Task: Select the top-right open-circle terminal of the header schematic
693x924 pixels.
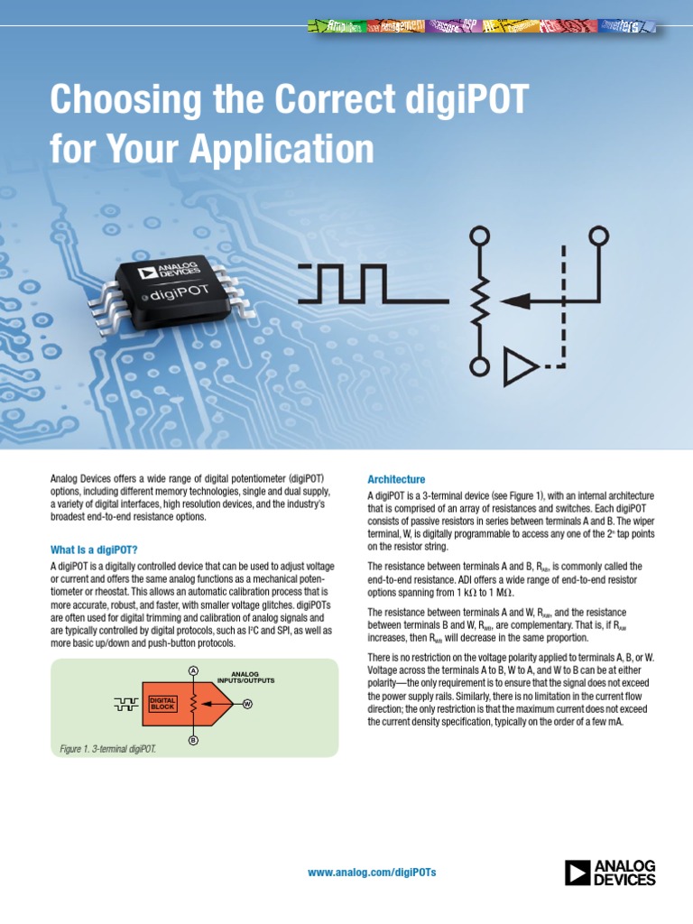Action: point(596,236)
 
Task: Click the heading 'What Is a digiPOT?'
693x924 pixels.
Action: point(94,550)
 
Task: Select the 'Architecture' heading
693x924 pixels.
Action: point(396,479)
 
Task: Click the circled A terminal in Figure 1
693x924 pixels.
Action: point(193,670)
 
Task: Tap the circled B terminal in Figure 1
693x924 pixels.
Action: point(193,741)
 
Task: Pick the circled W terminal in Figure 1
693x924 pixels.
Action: point(247,703)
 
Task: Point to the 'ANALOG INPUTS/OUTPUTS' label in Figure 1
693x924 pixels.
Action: point(245,677)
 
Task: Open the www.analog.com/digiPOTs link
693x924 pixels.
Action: point(372,873)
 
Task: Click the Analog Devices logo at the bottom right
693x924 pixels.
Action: point(610,873)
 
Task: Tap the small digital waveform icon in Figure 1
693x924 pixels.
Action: point(127,703)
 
